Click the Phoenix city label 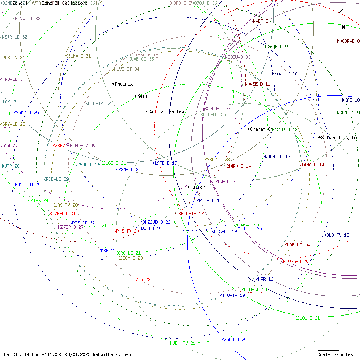tap(123, 84)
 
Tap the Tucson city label tap(197, 187)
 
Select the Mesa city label tap(142, 96)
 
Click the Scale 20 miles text tap(335, 354)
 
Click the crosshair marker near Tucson tap(180, 180)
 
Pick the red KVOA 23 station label tap(141, 280)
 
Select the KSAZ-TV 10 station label tap(285, 74)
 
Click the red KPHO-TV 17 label tap(191, 213)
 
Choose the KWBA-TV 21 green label tap(183, 343)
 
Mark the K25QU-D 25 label tap(234, 340)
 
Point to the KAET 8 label tap(260, 21)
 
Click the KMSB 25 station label tap(107, 251)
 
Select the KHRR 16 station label tap(264, 280)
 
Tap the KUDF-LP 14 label tap(297, 245)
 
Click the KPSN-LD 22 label tap(128, 169)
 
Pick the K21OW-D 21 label tap(307, 318)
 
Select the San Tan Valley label tap(166, 111)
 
